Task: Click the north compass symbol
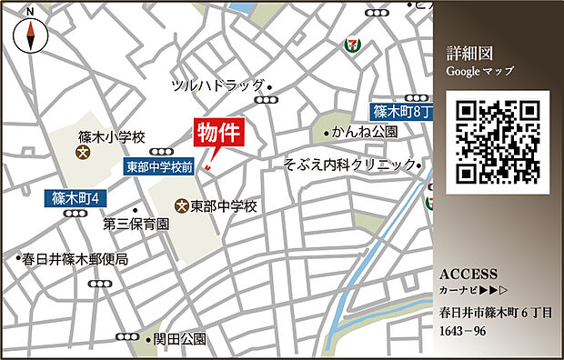click(x=32, y=34)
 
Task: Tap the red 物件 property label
click(x=219, y=132)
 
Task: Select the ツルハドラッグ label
click(x=217, y=85)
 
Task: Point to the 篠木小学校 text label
click(x=111, y=137)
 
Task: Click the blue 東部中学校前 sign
click(x=159, y=167)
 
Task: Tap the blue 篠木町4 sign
click(x=76, y=196)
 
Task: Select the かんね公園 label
click(x=365, y=132)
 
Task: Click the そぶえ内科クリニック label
click(x=349, y=165)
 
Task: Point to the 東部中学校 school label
click(x=224, y=206)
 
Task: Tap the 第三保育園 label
click(x=136, y=224)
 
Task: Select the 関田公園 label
click(x=179, y=339)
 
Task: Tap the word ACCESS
click(x=468, y=274)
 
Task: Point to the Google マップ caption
click(x=480, y=70)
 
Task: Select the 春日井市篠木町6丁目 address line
click(x=495, y=314)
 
